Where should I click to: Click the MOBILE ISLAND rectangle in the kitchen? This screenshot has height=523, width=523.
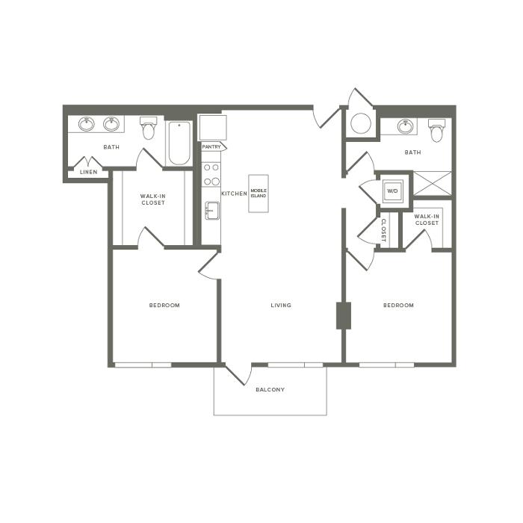(x=259, y=194)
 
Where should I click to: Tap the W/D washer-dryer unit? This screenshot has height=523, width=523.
(x=392, y=191)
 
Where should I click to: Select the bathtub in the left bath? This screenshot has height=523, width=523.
(x=179, y=143)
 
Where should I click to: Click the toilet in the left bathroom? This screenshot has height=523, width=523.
(x=148, y=128)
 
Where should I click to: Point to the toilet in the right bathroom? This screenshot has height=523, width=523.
(x=436, y=131)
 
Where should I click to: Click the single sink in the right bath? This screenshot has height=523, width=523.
(x=406, y=126)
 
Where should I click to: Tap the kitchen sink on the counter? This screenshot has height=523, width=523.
(x=212, y=211)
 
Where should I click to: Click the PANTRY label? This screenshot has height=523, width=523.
(x=211, y=146)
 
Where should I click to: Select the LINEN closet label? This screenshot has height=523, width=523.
(x=89, y=172)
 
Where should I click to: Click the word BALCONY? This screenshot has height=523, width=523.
(x=270, y=389)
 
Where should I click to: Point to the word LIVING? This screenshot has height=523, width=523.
(x=281, y=305)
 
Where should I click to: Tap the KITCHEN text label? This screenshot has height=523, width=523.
(x=234, y=194)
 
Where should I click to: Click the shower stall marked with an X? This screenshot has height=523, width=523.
(x=433, y=184)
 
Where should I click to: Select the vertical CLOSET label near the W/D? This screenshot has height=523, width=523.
(x=383, y=230)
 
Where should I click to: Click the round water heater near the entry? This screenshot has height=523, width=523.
(x=361, y=123)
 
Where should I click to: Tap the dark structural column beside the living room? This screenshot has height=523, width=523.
(x=344, y=315)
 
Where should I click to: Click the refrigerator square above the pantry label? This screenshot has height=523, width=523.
(x=212, y=128)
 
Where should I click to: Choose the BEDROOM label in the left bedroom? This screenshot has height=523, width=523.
(x=164, y=305)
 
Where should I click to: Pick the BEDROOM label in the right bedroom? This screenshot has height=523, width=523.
(x=398, y=305)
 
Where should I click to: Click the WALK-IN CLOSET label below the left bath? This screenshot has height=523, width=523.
(x=152, y=199)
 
